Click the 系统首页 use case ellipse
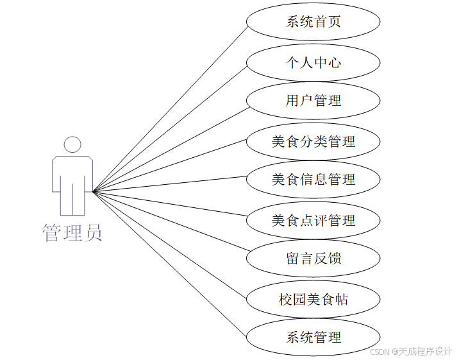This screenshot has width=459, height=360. tap(313, 22)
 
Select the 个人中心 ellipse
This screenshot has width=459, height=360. tap(313, 62)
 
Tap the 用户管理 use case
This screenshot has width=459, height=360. tap(313, 101)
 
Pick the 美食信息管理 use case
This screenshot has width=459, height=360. tap(313, 180)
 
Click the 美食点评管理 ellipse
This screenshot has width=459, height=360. tap(313, 221)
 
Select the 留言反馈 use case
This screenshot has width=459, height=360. tap(313, 259)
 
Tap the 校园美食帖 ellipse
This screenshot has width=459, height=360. tap(313, 299)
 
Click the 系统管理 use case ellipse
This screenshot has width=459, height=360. tap(313, 338)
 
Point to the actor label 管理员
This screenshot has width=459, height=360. tap(72, 233)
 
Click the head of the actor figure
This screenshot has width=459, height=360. tap(72, 144)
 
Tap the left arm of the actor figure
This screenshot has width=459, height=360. tap(56, 173)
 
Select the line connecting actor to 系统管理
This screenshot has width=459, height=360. tap(170, 264)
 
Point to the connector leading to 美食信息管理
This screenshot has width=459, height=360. tap(170, 185)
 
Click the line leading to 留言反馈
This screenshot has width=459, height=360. tap(170, 225)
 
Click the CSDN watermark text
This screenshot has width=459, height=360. tap(381, 352)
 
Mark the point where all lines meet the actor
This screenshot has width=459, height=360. tap(94, 191)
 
